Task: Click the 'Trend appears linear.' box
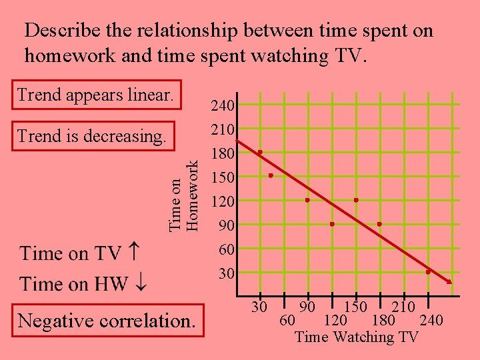pyautogui.click(x=96, y=95)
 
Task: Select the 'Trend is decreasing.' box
pyautogui.click(x=92, y=136)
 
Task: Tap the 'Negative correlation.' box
pyautogui.click(x=107, y=321)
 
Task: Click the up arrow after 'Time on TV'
pyautogui.click(x=133, y=253)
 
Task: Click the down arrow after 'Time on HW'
pyautogui.click(x=141, y=284)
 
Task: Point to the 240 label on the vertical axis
pyautogui.click(x=221, y=105)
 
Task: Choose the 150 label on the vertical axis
pyautogui.click(x=221, y=177)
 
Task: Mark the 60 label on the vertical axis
pyautogui.click(x=227, y=249)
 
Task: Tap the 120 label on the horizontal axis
pyautogui.click(x=335, y=321)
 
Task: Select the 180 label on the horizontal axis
pyautogui.click(x=383, y=321)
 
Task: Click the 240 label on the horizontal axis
pyautogui.click(x=431, y=321)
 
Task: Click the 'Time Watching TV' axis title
pyautogui.click(x=356, y=337)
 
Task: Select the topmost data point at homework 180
pyautogui.click(x=260, y=153)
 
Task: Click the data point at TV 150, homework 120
pyautogui.click(x=356, y=200)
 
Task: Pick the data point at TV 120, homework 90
pyautogui.click(x=332, y=224)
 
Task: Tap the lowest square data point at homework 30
pyautogui.click(x=428, y=272)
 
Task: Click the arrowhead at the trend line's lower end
pyautogui.click(x=449, y=281)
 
